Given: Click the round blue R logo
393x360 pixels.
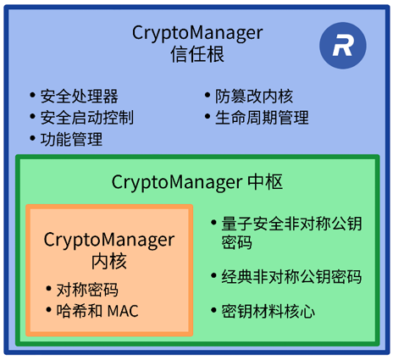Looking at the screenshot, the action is tap(343, 46).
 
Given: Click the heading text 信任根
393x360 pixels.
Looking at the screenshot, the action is tap(197, 54).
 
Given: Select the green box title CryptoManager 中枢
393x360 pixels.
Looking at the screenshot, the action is tap(197, 182).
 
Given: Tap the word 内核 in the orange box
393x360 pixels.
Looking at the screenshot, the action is tap(109, 262).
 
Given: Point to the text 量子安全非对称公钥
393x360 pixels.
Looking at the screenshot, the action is tap(291, 224).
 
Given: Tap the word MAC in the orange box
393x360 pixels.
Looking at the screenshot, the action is tap(123, 311).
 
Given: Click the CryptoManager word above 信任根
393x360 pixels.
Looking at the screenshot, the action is tap(197, 33).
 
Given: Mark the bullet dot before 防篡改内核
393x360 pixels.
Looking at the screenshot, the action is tap(208, 95).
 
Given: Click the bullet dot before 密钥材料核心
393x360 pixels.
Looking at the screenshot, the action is tap(213, 310).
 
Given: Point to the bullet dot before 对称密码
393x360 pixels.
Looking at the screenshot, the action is tap(48, 289).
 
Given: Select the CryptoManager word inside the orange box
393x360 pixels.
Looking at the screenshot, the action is tap(109, 241).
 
